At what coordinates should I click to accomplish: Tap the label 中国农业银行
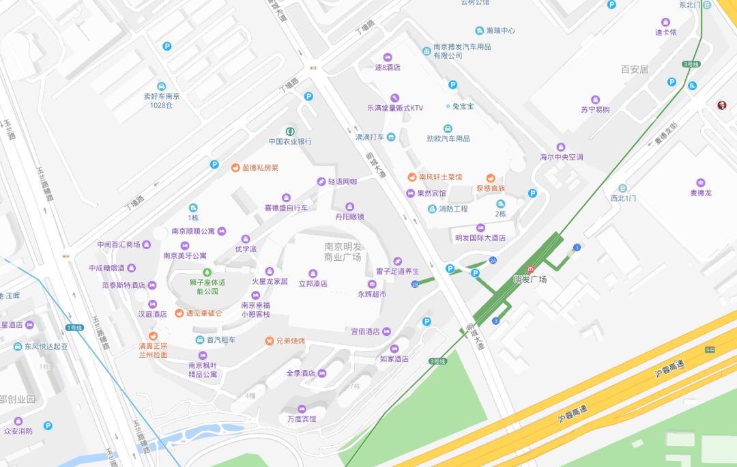pyautogui.click(x=290, y=141)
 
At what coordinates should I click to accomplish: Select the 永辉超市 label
pyautogui.click(x=372, y=294)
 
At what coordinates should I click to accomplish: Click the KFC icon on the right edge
pyautogui.click(x=721, y=104)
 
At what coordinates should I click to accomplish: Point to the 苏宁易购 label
pyautogui.click(x=595, y=109)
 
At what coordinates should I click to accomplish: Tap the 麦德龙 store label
pyautogui.click(x=701, y=193)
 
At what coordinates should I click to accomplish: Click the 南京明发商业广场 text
pyautogui.click(x=343, y=251)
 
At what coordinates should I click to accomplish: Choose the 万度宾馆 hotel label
pyautogui.click(x=302, y=419)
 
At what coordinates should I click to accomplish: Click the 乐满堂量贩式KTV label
pyautogui.click(x=395, y=108)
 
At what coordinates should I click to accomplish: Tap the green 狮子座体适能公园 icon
pyautogui.click(x=207, y=273)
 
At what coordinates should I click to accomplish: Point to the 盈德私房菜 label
pyautogui.click(x=260, y=167)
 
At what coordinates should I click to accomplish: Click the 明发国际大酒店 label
pyautogui.click(x=480, y=238)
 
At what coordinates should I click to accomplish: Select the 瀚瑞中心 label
pyautogui.click(x=500, y=31)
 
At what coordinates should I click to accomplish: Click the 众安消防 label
pyautogui.click(x=18, y=431)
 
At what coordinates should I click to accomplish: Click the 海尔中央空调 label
pyautogui.click(x=562, y=157)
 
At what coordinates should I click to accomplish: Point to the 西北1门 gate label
pyautogui.click(x=623, y=198)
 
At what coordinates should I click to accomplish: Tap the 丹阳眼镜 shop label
pyautogui.click(x=350, y=216)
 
